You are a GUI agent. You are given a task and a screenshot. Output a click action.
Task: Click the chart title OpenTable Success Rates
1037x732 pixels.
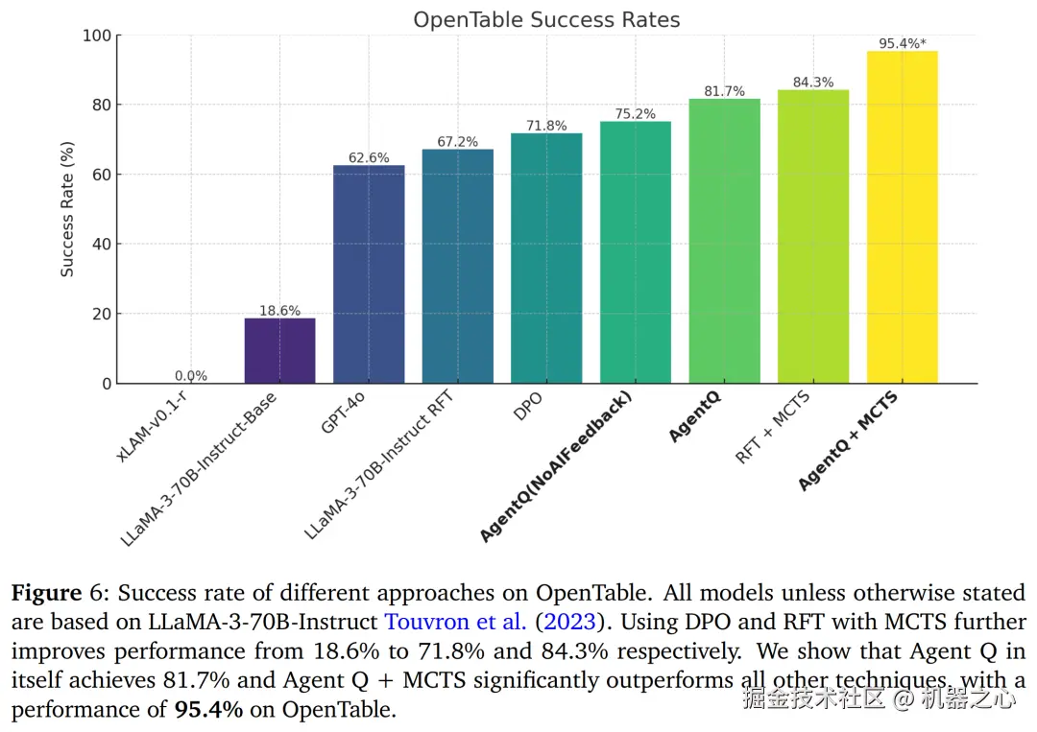[546, 19]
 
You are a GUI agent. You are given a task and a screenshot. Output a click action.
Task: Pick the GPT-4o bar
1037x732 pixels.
[369, 274]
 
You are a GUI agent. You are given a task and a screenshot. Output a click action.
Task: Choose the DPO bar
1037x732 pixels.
[546, 258]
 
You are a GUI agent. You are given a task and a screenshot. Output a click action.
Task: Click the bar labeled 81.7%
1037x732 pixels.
[724, 241]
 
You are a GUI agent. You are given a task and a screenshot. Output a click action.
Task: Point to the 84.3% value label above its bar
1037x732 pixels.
[813, 83]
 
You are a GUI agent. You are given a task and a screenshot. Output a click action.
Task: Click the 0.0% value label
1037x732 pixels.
[191, 376]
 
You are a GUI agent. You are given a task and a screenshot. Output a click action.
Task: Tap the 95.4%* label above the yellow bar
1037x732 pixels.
[903, 43]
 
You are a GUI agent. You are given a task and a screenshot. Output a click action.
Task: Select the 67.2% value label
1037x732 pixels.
[458, 142]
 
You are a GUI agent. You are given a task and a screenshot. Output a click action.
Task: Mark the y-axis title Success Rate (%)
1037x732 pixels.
[67, 209]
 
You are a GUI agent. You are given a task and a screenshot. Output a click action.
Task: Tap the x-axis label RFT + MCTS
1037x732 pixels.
[774, 428]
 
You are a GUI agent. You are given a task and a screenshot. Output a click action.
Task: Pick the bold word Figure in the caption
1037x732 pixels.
[46, 594]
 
